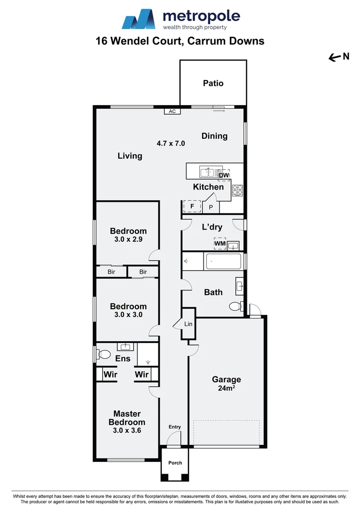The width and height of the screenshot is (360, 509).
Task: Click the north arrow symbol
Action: (x=335, y=57)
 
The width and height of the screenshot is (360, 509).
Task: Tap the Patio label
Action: (x=213, y=83)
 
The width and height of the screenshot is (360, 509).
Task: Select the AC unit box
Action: (x=172, y=112)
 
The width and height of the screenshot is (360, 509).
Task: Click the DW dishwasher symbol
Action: (x=224, y=175)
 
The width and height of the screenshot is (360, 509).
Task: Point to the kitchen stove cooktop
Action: (x=237, y=190)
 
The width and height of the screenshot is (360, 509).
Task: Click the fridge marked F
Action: (x=192, y=206)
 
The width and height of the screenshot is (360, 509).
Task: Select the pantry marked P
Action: (x=211, y=207)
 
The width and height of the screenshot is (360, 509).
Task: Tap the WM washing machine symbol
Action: (x=220, y=244)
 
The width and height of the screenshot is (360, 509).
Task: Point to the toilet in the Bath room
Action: (x=236, y=306)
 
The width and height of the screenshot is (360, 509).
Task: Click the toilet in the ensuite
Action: (x=104, y=354)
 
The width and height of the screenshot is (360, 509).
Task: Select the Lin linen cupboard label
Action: (x=188, y=324)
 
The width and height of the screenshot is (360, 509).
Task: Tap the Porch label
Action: (x=175, y=463)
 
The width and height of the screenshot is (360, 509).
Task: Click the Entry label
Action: (x=174, y=427)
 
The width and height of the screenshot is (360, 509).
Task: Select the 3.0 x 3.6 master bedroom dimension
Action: (x=127, y=430)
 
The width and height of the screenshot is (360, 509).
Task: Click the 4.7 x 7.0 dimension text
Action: (x=171, y=143)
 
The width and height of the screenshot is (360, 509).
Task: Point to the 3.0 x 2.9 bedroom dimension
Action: (x=128, y=239)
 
